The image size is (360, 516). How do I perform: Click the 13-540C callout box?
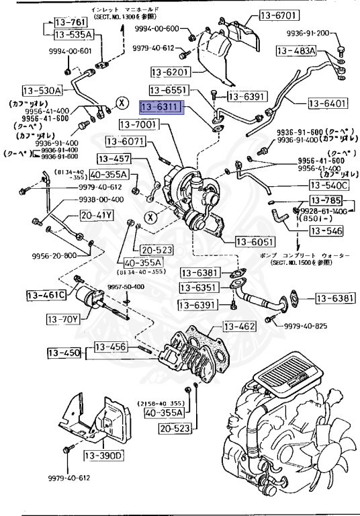329,185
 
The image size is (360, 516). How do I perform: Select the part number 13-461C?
46,295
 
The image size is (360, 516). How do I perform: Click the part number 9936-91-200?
332,32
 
